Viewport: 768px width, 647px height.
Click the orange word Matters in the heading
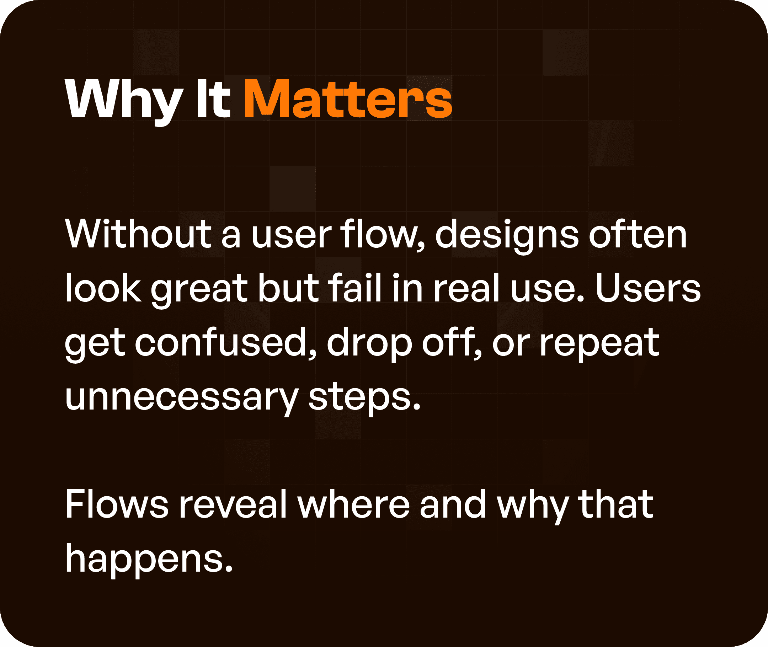(x=348, y=100)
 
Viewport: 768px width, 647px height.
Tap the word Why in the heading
(x=124, y=100)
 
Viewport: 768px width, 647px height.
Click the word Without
(x=138, y=235)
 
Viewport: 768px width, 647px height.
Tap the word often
(x=638, y=235)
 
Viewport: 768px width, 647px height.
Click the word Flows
(x=117, y=505)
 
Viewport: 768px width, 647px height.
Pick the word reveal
(x=233, y=505)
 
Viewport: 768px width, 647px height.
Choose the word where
(x=353, y=505)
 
